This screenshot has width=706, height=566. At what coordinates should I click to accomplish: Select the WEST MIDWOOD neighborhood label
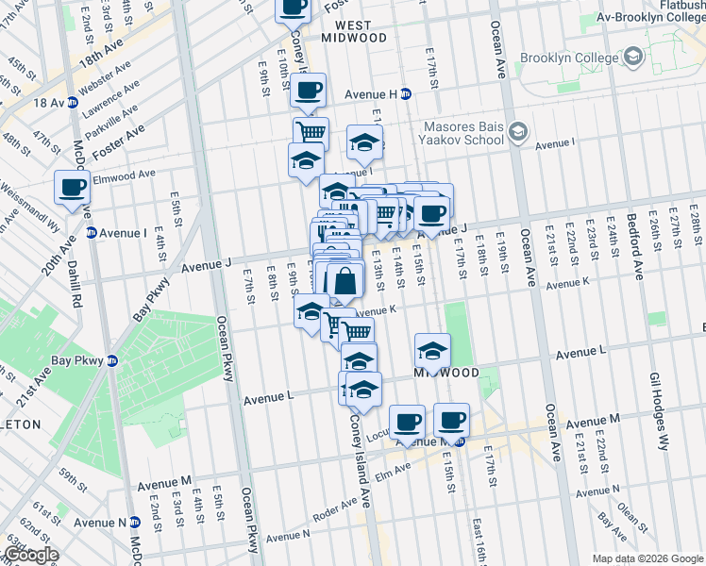pyautogui.click(x=354, y=30)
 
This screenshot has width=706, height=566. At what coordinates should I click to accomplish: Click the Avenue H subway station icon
pyautogui.click(x=406, y=93)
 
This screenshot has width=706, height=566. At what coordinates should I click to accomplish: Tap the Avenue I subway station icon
pyautogui.click(x=92, y=232)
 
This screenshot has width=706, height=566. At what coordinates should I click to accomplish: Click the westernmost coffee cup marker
pyautogui.click(x=73, y=187)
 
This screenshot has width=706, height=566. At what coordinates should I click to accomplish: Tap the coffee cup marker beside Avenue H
pyautogui.click(x=309, y=91)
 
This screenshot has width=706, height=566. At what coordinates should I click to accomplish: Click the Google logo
pyautogui.click(x=31, y=555)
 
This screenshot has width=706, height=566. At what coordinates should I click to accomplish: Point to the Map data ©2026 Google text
pyautogui.click(x=647, y=558)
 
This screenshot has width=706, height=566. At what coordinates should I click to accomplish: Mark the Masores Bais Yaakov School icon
pyautogui.click(x=516, y=130)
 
